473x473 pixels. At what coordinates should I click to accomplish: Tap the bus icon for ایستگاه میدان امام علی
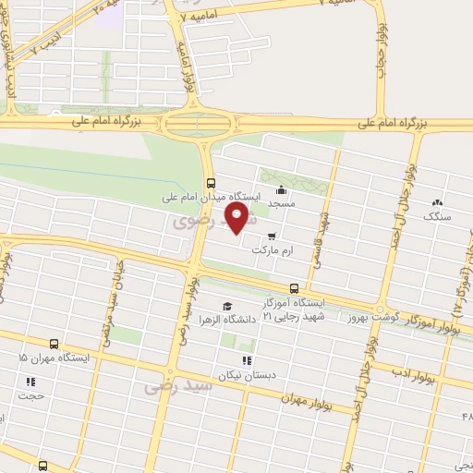212,182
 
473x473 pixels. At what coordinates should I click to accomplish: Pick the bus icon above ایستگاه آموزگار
294,287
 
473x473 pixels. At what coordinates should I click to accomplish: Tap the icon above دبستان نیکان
246,360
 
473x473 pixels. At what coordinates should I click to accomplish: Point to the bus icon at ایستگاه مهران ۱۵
54,342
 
